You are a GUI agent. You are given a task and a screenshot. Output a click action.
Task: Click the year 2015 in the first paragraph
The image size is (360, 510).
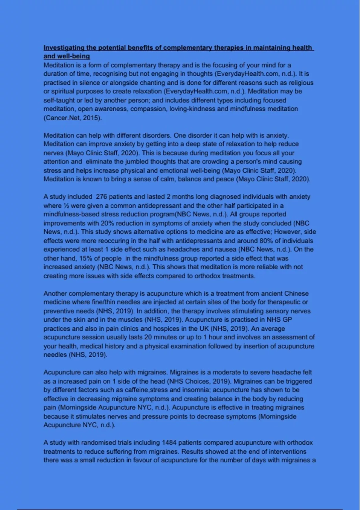91,118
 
